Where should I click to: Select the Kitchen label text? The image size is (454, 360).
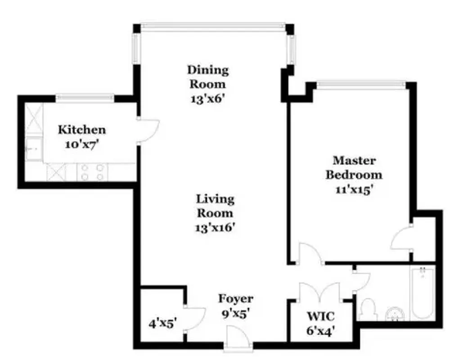82,130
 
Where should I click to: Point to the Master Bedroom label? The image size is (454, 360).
354,167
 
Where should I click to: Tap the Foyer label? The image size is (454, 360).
235,298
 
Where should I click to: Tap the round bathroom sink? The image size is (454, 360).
395,314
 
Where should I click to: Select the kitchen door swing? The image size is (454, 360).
148,130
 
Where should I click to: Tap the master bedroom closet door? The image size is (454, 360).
403,238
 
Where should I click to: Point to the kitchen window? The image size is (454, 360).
85,97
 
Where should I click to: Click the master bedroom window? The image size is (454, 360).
361,84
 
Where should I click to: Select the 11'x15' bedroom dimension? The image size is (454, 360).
354,189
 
